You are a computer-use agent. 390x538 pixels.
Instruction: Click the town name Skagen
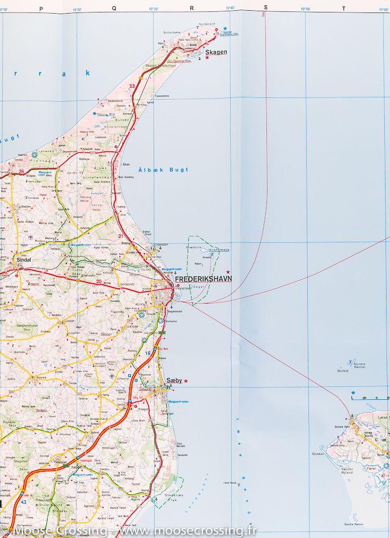pos(216,52)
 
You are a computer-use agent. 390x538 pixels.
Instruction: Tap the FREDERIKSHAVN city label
pos(204,279)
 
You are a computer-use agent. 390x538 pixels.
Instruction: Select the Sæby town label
pos(173,381)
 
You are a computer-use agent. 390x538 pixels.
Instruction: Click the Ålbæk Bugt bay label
pos(155,169)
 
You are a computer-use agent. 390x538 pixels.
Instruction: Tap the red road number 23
pos(132,86)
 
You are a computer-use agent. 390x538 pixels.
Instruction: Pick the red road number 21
pos(121,236)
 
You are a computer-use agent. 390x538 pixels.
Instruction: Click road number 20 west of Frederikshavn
pos(99,281)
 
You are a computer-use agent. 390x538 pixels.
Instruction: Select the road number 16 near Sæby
pos(147,353)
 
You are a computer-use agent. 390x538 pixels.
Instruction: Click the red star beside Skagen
pos(207,58)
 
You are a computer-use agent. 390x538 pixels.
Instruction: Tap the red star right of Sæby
pos(186,381)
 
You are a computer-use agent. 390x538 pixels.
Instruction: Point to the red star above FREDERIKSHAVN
pos(228,272)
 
